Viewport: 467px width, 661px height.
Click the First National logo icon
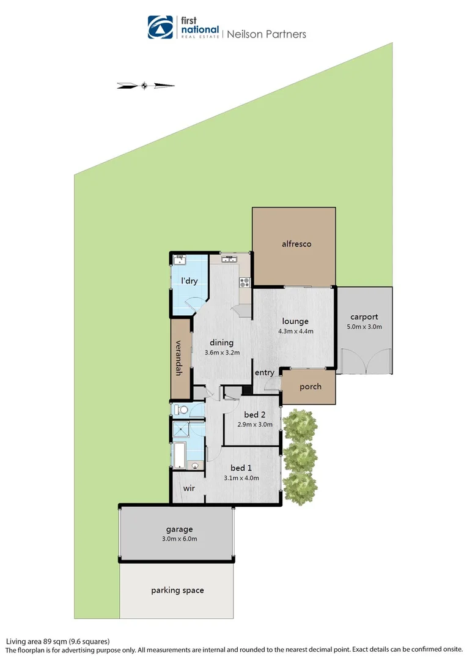(x=160, y=27)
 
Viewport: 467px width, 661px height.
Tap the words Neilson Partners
(x=267, y=34)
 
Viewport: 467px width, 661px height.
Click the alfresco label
(x=296, y=244)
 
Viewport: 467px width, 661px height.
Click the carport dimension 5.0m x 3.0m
(x=366, y=327)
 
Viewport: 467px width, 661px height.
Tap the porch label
(x=310, y=387)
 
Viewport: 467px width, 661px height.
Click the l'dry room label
(x=189, y=281)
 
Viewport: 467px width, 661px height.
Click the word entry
(x=265, y=373)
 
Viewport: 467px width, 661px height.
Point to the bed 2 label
(x=254, y=414)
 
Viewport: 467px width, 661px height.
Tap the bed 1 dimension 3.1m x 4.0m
(x=241, y=478)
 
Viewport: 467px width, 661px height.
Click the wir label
(x=188, y=488)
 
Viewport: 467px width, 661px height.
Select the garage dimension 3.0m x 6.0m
(x=179, y=539)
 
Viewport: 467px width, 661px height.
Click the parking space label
(x=177, y=591)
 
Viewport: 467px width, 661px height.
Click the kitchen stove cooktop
(x=245, y=282)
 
